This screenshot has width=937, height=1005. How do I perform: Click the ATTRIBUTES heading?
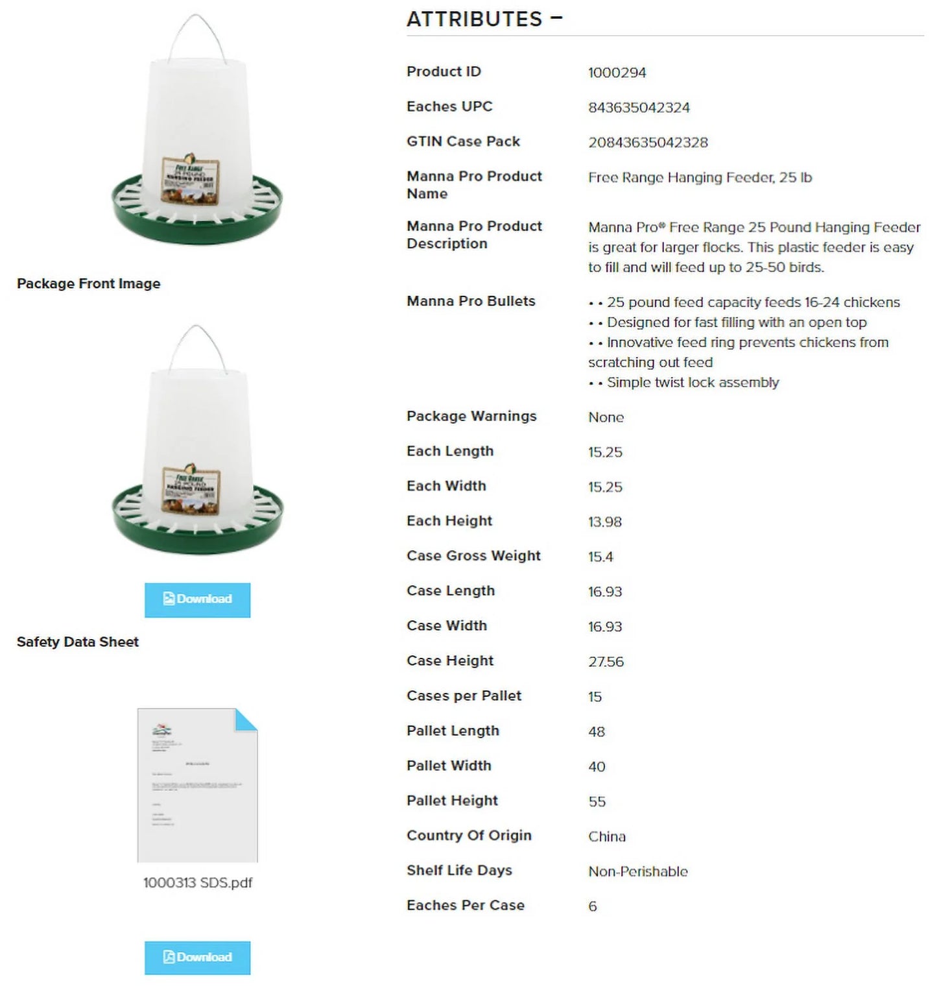point(475,19)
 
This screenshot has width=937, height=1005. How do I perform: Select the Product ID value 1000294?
point(617,73)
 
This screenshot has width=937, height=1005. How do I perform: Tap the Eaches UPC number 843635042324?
point(638,108)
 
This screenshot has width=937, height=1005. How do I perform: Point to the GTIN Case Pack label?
point(463,141)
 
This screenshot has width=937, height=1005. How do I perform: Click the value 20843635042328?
point(647,143)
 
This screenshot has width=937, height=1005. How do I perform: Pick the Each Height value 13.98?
point(604,522)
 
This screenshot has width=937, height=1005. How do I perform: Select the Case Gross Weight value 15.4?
point(600,557)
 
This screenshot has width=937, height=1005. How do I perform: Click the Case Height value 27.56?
point(606,662)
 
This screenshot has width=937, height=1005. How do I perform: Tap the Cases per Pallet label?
point(464,696)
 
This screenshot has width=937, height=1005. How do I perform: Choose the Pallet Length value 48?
point(597,732)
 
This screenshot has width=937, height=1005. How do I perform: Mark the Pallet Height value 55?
point(597,802)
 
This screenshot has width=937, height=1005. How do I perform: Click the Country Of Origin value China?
point(606,837)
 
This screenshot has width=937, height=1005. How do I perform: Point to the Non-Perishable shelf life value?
point(637,872)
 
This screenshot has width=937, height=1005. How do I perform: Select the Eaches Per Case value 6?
point(592,906)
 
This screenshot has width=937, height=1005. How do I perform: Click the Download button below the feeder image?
point(197,599)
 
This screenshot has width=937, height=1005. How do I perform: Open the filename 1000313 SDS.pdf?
point(197,883)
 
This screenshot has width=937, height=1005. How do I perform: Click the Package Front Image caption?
point(88,284)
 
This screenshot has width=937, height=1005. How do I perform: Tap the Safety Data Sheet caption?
point(78,642)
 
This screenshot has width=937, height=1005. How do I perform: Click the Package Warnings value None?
point(606,418)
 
